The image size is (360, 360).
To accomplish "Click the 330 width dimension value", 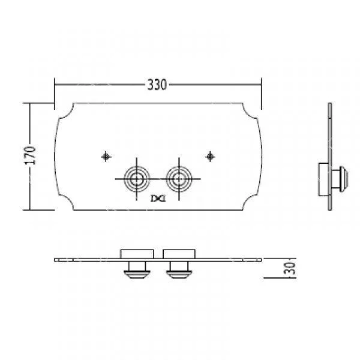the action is pos(157,85).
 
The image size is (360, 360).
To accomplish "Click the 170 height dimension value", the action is pos(30,155).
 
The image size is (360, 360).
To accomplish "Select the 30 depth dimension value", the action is pos(290,268).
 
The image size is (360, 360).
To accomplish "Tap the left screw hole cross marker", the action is pos(106,157).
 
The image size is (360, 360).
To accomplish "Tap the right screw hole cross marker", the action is pos(210,157).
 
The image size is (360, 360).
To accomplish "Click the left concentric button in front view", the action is pos(137,179).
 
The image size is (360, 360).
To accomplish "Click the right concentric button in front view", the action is pos(179,179).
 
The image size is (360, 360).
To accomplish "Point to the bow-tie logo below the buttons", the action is pos(158,199).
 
